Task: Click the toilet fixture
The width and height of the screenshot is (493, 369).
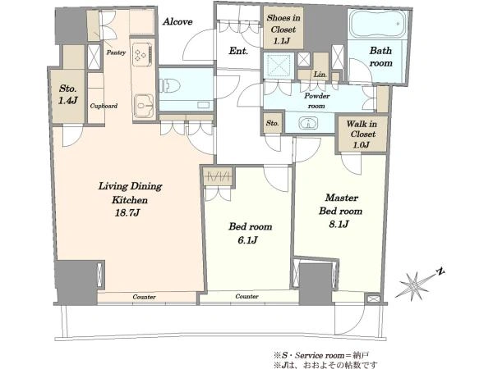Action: (170, 86)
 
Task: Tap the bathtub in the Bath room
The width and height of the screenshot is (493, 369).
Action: (377, 25)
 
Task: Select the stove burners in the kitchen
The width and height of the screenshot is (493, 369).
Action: (143, 55)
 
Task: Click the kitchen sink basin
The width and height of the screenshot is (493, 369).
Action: (144, 106)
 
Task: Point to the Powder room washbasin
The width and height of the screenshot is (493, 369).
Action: (308, 123)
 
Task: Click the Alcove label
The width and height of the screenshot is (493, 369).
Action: (177, 21)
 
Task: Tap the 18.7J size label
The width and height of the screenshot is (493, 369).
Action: (127, 213)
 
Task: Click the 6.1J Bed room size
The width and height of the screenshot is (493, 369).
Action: (248, 240)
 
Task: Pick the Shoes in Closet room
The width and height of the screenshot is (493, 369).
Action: (283, 29)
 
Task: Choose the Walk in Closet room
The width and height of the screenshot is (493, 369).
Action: (362, 134)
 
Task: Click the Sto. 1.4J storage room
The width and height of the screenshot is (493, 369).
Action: (68, 96)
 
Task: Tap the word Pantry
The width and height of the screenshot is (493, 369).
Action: (116, 52)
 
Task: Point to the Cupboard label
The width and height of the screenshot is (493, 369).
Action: (104, 106)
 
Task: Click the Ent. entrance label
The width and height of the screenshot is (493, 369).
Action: (238, 51)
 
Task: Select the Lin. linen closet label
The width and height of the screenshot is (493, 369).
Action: (320, 75)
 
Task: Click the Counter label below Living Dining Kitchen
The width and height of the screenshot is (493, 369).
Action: (144, 297)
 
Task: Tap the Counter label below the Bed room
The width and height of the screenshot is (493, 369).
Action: (246, 296)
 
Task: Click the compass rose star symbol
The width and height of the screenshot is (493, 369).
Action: (415, 285)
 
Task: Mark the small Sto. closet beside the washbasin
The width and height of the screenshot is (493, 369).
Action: (272, 123)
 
